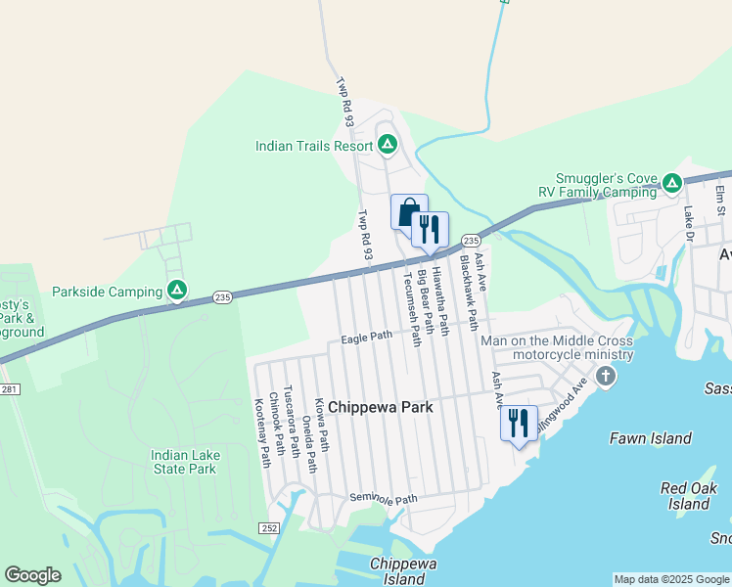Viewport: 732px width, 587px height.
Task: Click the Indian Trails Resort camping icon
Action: pos(388,146)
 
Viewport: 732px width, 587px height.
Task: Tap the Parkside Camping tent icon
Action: pos(177,291)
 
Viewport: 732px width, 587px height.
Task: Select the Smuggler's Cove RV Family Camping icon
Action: pos(671,183)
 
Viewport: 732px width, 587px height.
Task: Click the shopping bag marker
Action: pos(409,212)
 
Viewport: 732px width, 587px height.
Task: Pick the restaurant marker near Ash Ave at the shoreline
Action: pos(519,424)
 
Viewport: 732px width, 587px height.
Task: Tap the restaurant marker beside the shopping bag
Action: pos(430,230)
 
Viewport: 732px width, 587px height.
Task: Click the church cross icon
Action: pos(606,377)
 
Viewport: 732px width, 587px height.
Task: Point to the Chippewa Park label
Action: pos(380,406)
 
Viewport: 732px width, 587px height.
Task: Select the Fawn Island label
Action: pos(651,439)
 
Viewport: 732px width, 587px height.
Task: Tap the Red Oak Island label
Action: pos(690,496)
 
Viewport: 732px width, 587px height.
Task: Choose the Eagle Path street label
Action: pos(367,338)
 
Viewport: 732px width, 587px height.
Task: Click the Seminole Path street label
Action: pos(384,499)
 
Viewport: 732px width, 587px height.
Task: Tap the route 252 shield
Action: pos(270,528)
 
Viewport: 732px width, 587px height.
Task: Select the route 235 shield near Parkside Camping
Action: pos(222,297)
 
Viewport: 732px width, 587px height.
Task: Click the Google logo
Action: pos(33,575)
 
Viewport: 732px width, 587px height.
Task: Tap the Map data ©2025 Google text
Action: pos(671,579)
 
